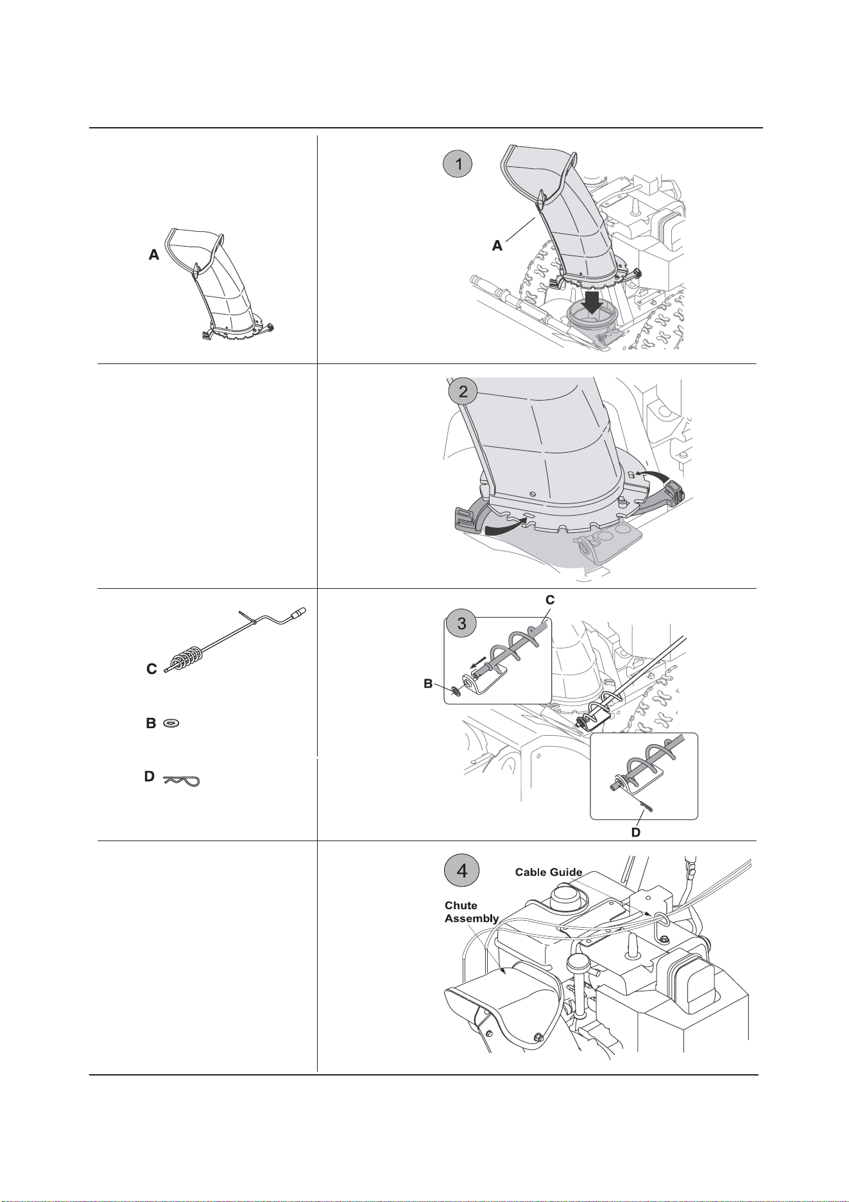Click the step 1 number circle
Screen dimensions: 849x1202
pyautogui.click(x=458, y=164)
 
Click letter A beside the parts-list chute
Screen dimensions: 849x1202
pyautogui.click(x=154, y=256)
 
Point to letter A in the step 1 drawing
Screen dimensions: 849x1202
pyautogui.click(x=497, y=246)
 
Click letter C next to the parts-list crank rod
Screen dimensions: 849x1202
pyautogui.click(x=151, y=669)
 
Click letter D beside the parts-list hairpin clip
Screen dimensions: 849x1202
pyautogui.click(x=149, y=777)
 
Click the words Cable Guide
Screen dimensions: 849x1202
pyautogui.click(x=549, y=872)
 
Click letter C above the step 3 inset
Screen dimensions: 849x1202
pyautogui.click(x=550, y=600)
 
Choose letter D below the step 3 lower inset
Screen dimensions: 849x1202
pyautogui.click(x=635, y=832)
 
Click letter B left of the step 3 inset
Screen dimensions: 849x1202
pyautogui.click(x=427, y=685)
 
